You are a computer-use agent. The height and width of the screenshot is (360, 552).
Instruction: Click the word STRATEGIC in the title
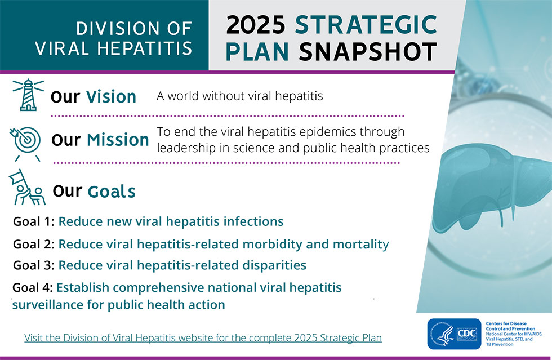[366, 25]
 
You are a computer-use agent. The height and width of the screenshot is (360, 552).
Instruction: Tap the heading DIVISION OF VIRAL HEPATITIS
[113, 38]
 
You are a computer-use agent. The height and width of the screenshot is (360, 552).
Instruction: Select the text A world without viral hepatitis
[239, 96]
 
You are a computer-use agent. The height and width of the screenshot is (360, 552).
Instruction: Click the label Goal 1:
[33, 221]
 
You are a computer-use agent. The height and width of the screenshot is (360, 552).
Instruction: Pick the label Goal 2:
[33, 245]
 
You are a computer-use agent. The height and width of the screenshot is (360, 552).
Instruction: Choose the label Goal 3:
[33, 265]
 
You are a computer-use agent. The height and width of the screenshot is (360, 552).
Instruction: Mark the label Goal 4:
[33, 288]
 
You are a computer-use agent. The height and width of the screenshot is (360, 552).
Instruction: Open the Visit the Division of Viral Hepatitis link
[203, 338]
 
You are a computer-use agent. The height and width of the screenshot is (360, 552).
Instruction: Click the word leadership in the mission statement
[186, 148]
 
